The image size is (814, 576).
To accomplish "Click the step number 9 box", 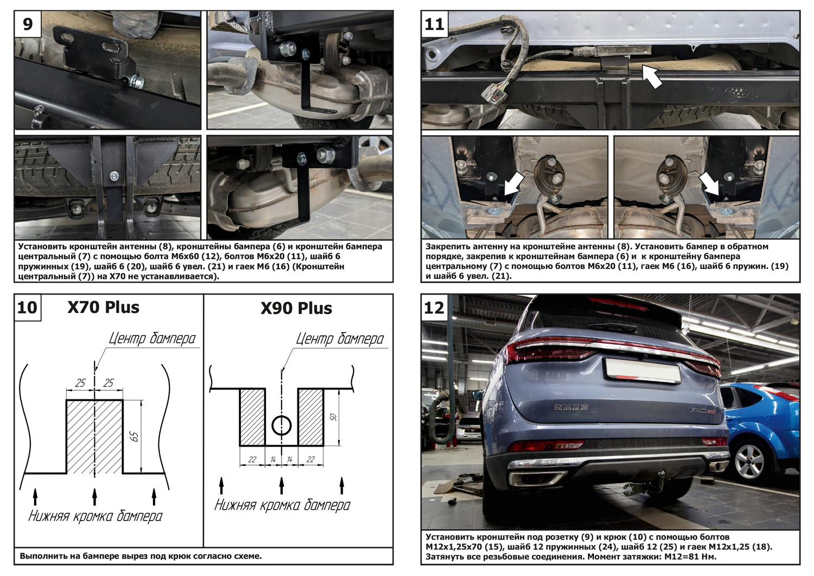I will coord(28,24).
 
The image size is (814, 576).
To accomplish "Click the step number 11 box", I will coord(434,24).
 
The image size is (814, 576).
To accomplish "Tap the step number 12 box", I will coord(434,308).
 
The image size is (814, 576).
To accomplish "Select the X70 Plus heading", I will coord(103,308).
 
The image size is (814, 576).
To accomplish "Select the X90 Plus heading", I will coord(296,309).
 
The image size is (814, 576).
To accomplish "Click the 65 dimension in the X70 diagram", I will coord(135,436).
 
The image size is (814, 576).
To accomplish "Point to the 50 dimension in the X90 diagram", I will coord(333,417).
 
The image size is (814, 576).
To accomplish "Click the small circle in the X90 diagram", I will coord(282,426).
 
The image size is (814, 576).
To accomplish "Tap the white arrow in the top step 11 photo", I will coord(652,76).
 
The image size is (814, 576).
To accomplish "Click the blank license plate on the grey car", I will coord(643,370).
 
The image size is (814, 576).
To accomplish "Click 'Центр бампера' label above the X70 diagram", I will coord(152,339).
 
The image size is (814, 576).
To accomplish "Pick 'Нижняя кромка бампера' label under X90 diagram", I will coord(282,505).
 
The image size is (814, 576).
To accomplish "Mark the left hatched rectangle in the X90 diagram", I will coord(252,417).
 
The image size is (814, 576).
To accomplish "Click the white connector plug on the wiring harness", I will coord(493,93).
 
